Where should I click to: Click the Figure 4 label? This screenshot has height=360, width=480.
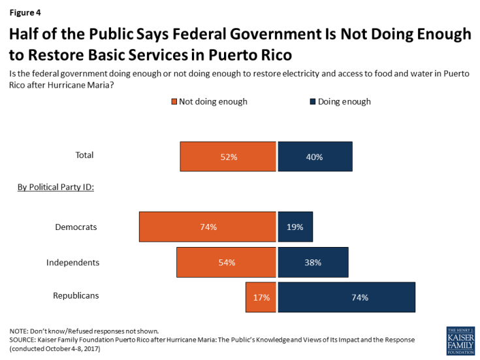pos(25,11)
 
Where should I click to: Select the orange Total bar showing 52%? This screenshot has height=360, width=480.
pos(228,157)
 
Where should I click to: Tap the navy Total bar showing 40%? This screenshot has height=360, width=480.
pos(315,157)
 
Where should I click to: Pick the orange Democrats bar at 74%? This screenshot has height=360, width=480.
pos(208,227)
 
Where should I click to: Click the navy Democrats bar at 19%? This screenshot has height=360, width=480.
pos(295,227)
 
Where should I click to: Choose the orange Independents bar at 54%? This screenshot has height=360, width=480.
pos(226,262)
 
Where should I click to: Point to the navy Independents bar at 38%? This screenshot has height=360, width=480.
pos(313,262)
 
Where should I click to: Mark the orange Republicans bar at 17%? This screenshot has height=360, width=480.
pos(261,297)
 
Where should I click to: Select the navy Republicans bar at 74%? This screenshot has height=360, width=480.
pos(347,297)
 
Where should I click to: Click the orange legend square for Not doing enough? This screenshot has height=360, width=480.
pos(175,102)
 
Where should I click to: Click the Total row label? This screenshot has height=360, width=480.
pos(84,155)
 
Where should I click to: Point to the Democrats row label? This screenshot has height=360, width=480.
pos(76,227)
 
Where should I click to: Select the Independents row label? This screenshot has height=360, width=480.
pos(72,262)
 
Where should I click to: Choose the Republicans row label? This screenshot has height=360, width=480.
pos(76,295)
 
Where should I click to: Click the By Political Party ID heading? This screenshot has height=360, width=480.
pos(55,188)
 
